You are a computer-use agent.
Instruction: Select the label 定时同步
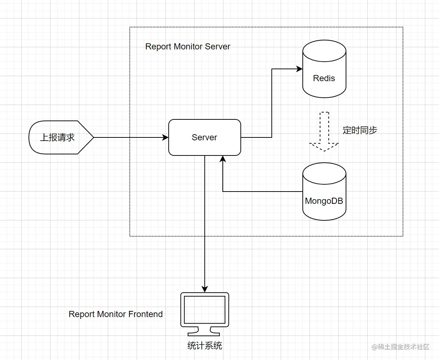[x=360, y=130]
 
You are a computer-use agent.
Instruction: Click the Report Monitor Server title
[x=188, y=47]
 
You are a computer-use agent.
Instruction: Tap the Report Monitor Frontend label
[x=115, y=314]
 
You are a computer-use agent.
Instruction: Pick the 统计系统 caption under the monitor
[x=204, y=346]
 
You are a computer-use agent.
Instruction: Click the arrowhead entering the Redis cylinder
[x=299, y=69]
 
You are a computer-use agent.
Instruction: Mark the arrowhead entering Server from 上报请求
[x=165, y=137]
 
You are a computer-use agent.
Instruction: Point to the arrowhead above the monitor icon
[x=204, y=289]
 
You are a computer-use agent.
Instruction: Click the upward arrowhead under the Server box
[x=223, y=159]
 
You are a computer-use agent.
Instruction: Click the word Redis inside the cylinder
[x=324, y=78]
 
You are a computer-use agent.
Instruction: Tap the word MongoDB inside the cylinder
[x=324, y=201]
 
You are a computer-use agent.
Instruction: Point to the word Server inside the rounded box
[x=204, y=137]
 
